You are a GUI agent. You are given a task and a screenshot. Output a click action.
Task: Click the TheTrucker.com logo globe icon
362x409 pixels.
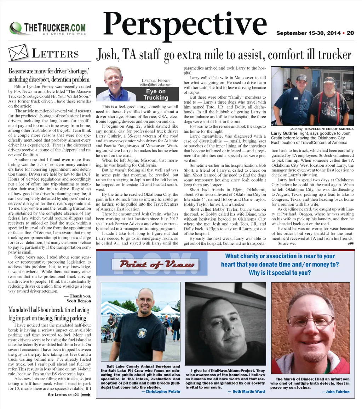pyautogui.click(x=16, y=28)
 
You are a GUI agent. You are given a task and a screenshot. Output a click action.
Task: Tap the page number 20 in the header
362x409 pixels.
pyautogui.click(x=350, y=33)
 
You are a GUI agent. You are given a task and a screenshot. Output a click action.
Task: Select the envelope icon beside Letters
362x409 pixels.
pyautogui.click(x=18, y=53)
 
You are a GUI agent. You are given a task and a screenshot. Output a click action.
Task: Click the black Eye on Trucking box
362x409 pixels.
pyautogui.click(x=156, y=94)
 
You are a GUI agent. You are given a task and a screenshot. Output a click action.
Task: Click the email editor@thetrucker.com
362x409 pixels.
pyautogui.click(x=156, y=85)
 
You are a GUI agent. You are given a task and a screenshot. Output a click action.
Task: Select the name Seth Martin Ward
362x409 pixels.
pyautogui.click(x=246, y=392)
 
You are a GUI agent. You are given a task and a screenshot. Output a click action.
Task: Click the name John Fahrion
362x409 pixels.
pyautogui.click(x=335, y=392)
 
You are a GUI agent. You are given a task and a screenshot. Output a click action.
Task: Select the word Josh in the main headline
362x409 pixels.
pyautogui.click(x=107, y=55)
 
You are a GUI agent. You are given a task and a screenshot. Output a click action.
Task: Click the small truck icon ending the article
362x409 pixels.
pyautogui.click(x=351, y=243)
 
